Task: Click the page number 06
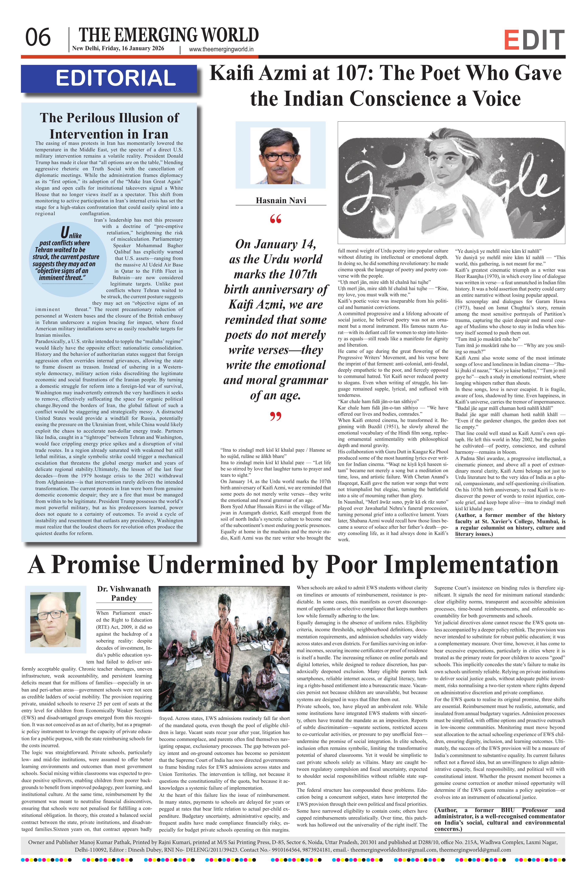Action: [x=38, y=38]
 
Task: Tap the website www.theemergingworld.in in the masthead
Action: [x=221, y=49]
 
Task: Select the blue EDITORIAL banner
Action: [x=109, y=78]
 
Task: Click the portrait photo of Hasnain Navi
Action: [x=280, y=155]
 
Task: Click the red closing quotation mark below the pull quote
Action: [x=275, y=416]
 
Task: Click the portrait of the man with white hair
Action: [x=55, y=619]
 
